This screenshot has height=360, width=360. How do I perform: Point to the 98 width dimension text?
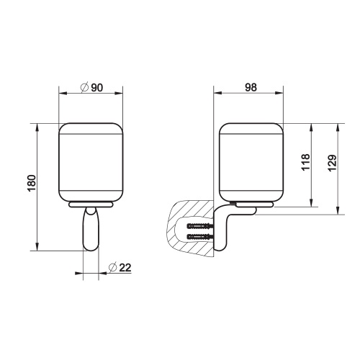click(251, 87)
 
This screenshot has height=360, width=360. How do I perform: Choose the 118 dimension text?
click(305, 163)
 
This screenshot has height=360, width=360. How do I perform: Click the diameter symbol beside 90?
click(84, 87)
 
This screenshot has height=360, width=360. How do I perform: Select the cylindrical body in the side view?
click(251, 161)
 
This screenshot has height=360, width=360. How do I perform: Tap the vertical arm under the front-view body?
click(90, 229)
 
